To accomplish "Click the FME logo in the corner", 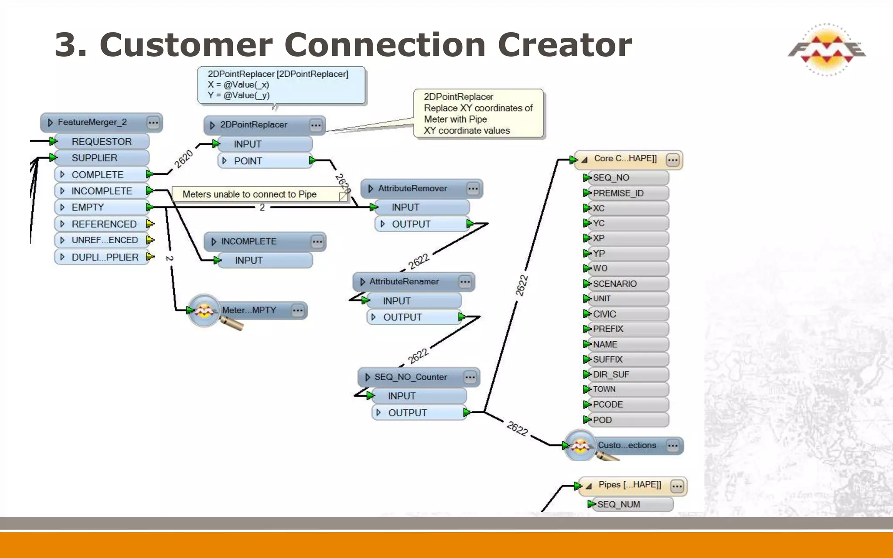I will pos(827,49).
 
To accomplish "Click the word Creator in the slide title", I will pos(565,45).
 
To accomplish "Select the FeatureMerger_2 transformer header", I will pos(93,122).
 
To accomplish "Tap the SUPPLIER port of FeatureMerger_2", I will pos(95,158).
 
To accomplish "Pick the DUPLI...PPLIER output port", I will pos(105,257).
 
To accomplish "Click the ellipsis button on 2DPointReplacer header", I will pos(316,126).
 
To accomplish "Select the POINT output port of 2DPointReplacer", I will pos(248,161).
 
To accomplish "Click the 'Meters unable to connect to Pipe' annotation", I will pos(249,194).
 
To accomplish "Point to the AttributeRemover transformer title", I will pos(412,188).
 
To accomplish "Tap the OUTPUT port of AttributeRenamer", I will pos(402,317).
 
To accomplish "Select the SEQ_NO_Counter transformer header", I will pos(410,377).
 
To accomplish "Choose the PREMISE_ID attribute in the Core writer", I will pos(618,193).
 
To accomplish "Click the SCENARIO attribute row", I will pos(615,284).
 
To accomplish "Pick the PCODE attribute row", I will pos(608,405).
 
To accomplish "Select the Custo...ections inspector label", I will pos(627,445).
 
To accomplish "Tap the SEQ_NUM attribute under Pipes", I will pos(618,504).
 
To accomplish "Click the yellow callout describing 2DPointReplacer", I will pos(478,114).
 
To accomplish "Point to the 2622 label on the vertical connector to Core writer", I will pos(522,286).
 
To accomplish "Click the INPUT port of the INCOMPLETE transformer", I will pos(249,260).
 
